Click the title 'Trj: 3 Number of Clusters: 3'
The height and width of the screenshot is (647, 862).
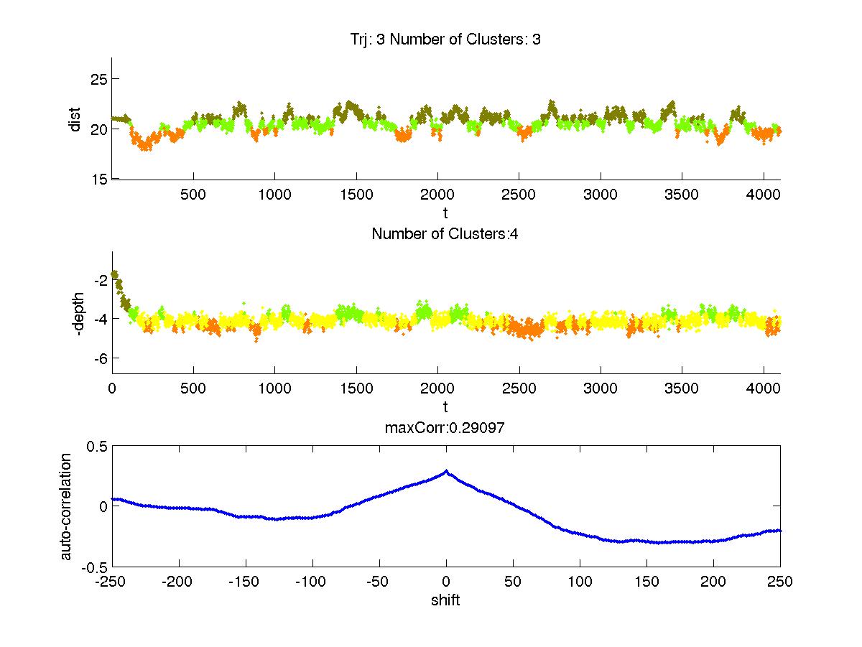click(x=441, y=39)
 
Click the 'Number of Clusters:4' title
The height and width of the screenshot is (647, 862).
click(x=445, y=233)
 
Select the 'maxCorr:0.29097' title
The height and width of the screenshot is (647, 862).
click(x=445, y=428)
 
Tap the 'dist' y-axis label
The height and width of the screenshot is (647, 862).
click(x=75, y=118)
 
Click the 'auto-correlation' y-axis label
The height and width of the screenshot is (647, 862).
click(x=66, y=506)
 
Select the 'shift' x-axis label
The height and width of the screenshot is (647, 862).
click(x=445, y=600)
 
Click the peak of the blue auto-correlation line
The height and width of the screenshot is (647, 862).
click(x=446, y=471)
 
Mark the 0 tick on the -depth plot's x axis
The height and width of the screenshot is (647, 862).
click(x=112, y=388)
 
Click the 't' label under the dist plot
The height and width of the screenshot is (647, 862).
click(x=445, y=213)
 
